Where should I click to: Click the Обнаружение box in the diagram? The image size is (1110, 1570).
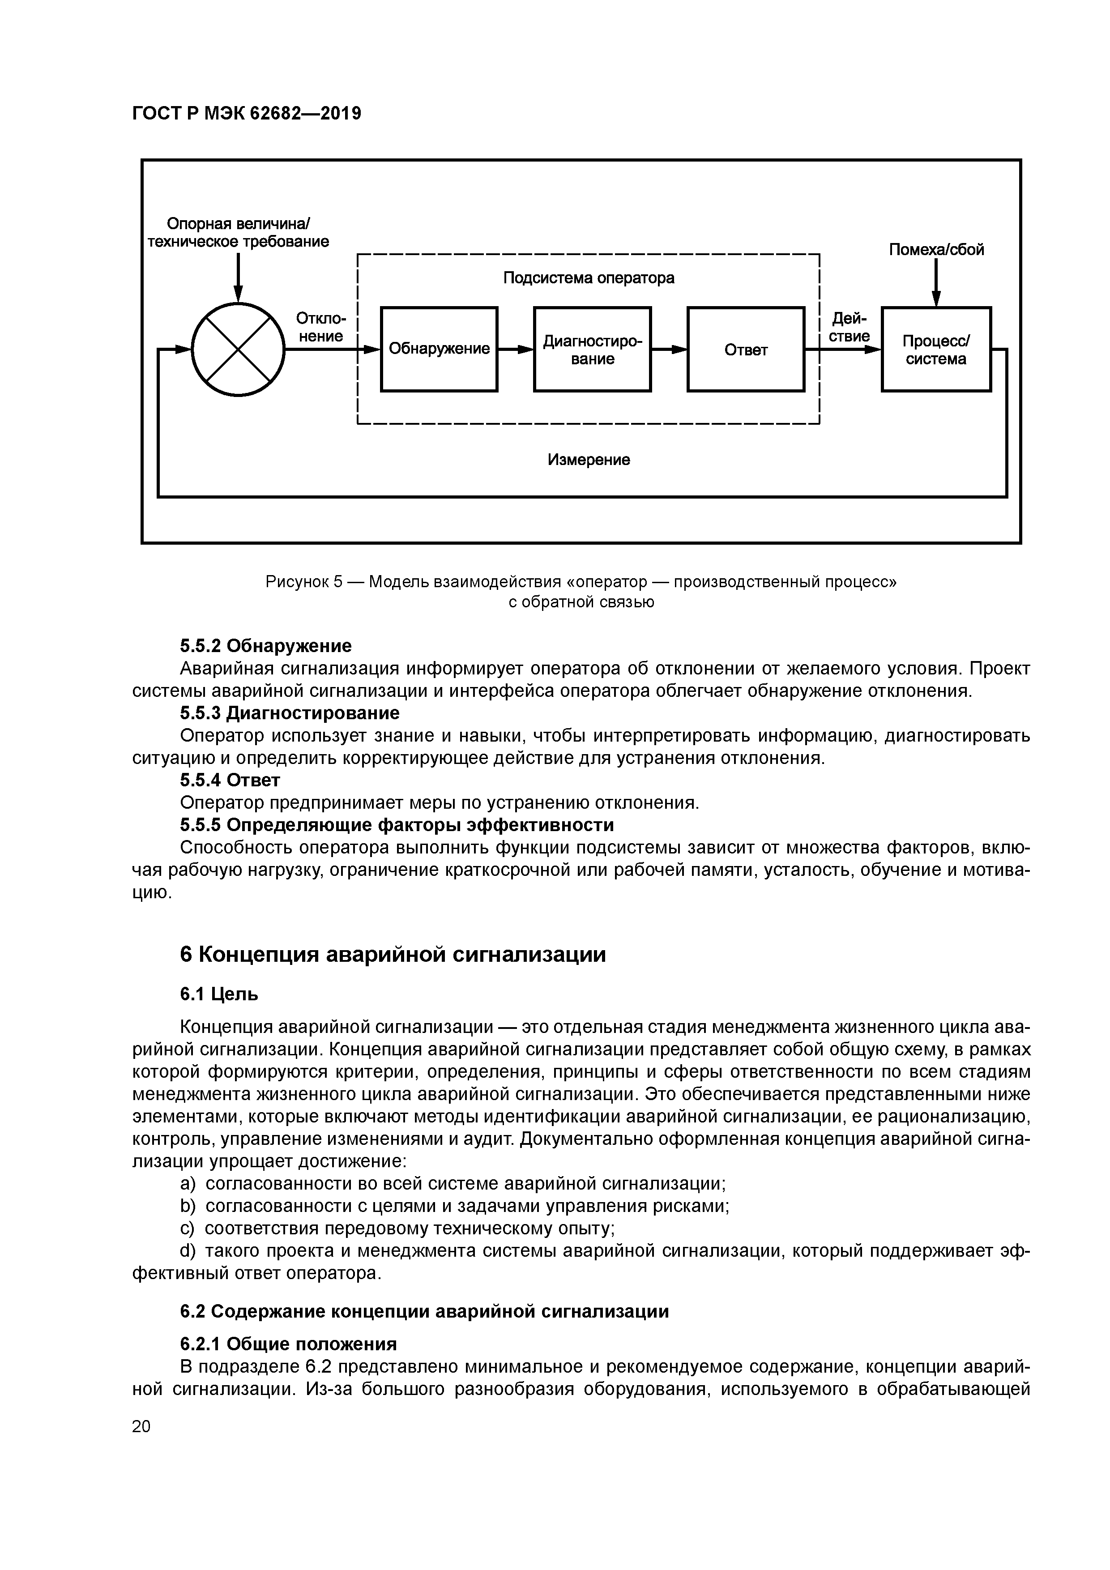[439, 350]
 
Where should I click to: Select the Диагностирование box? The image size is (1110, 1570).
[592, 350]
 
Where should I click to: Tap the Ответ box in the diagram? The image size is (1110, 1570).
[746, 350]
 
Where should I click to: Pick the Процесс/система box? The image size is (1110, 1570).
[935, 350]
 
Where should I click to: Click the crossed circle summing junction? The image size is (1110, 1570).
[238, 350]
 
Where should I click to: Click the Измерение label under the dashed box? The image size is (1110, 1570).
[588, 460]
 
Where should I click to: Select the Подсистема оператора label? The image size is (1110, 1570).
[588, 277]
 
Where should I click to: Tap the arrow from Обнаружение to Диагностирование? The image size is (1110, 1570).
[516, 350]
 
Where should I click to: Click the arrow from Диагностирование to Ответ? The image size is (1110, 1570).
[669, 350]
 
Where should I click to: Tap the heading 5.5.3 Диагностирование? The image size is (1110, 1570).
[289, 713]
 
